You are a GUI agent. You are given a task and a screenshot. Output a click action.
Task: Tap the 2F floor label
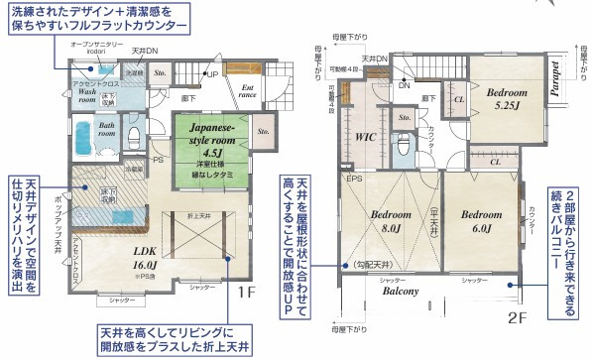516,318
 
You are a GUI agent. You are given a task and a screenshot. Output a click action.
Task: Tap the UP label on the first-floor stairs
211,74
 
